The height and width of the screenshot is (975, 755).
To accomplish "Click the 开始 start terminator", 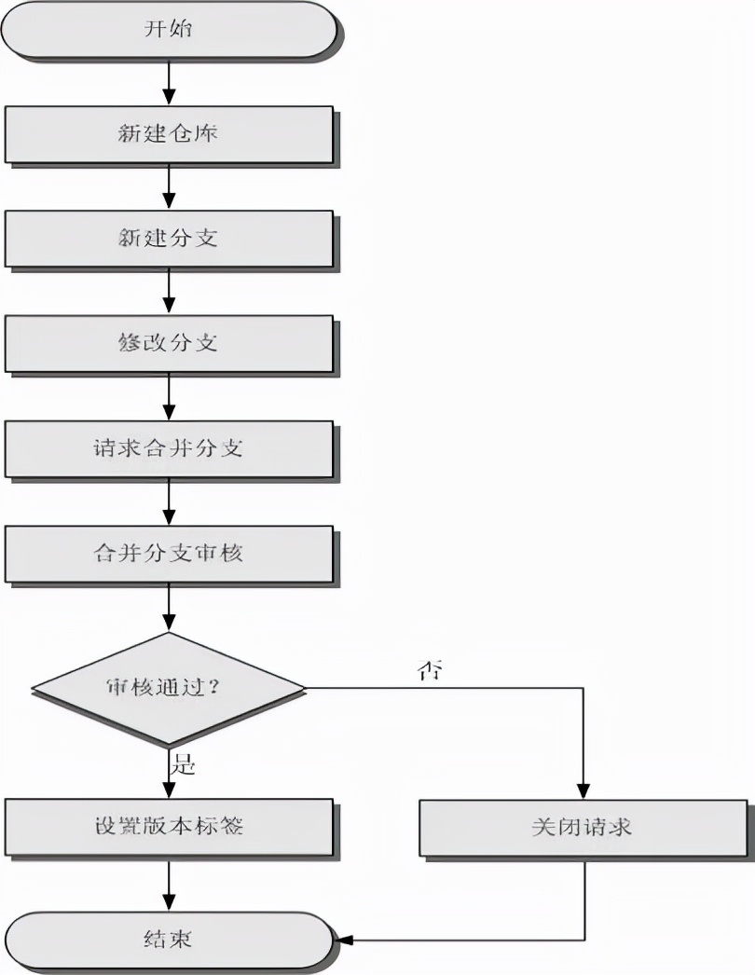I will (x=169, y=30).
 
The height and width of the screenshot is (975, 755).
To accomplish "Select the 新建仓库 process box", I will (x=169, y=134).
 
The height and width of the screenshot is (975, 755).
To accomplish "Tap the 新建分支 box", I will (x=169, y=239).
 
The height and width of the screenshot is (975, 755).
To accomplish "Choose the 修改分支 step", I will (x=169, y=343).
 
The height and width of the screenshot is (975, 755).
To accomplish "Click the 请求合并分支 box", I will (x=169, y=448).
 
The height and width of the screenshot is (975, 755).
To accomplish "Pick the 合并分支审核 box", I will (x=169, y=553).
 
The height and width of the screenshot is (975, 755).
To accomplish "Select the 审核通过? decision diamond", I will (x=169, y=689).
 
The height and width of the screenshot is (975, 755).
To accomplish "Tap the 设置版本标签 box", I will (x=169, y=826).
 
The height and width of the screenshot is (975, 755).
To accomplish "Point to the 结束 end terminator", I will (x=169, y=938).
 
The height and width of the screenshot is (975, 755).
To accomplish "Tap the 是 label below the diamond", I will (x=184, y=766).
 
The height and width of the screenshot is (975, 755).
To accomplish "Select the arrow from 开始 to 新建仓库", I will (x=169, y=82).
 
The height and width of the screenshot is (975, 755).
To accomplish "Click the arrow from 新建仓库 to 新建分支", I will (x=169, y=186).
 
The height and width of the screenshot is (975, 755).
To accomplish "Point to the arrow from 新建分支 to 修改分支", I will (x=169, y=291).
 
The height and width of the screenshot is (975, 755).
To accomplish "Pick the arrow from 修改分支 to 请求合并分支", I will (x=169, y=396).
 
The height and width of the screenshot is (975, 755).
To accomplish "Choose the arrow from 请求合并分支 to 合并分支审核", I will (x=169, y=501).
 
